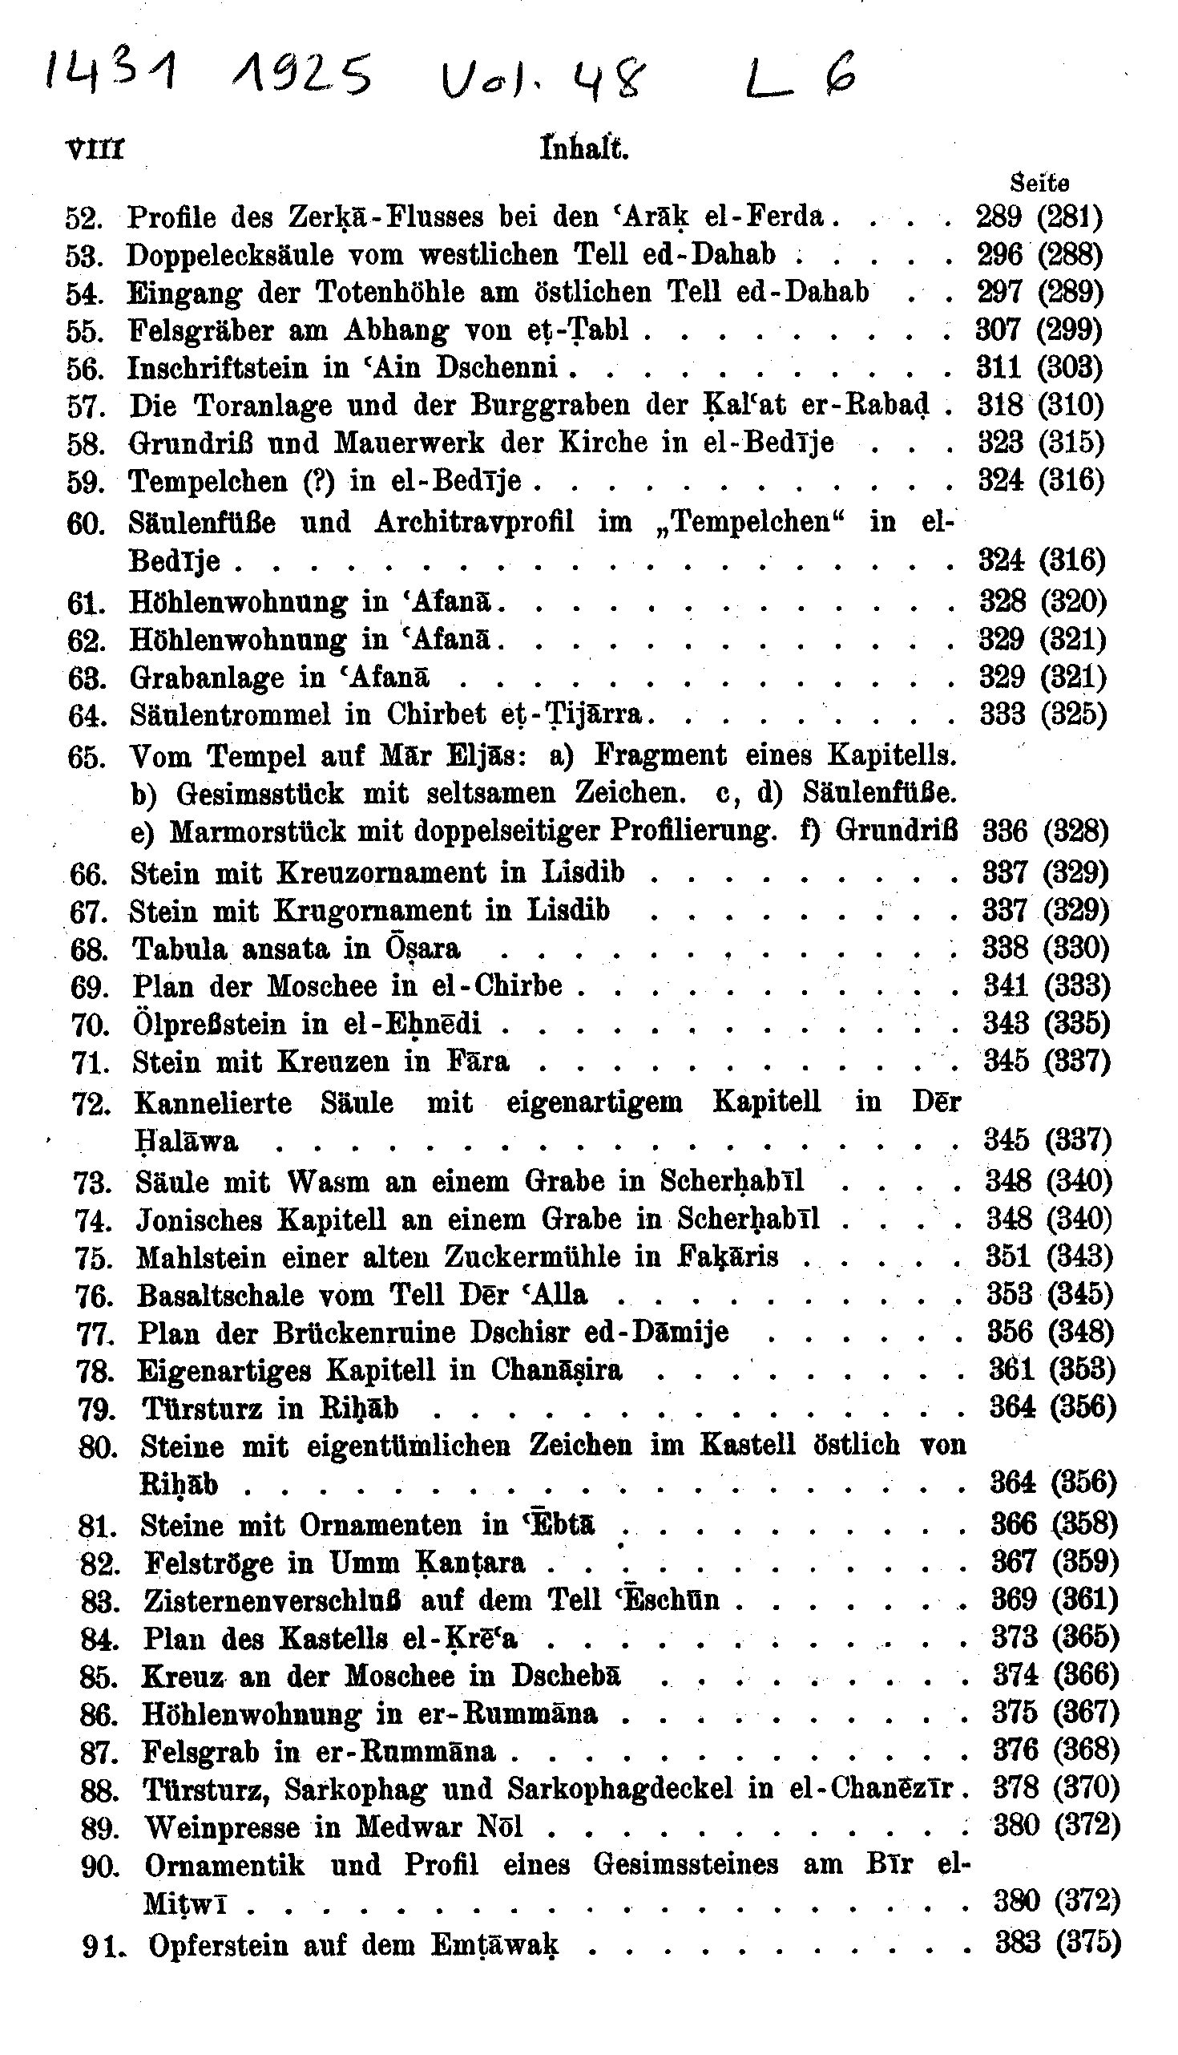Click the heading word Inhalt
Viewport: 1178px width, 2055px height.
pyautogui.click(x=583, y=150)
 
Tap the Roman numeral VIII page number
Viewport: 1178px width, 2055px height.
pyautogui.click(x=95, y=151)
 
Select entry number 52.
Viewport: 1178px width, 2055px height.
pyautogui.click(x=83, y=219)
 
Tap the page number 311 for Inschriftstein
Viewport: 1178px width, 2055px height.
pyautogui.click(x=999, y=368)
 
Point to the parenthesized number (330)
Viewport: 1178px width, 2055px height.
pyautogui.click(x=1076, y=948)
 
